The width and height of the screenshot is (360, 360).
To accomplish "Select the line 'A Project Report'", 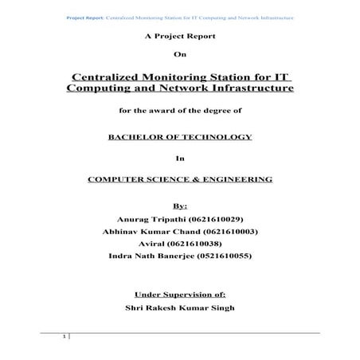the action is pyautogui.click(x=179, y=37).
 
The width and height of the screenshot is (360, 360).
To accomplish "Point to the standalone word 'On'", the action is pyautogui.click(x=179, y=54).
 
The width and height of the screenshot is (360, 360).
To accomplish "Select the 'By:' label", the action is pyautogui.click(x=179, y=205).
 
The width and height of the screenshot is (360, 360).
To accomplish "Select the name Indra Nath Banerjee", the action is pyautogui.click(x=147, y=256).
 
